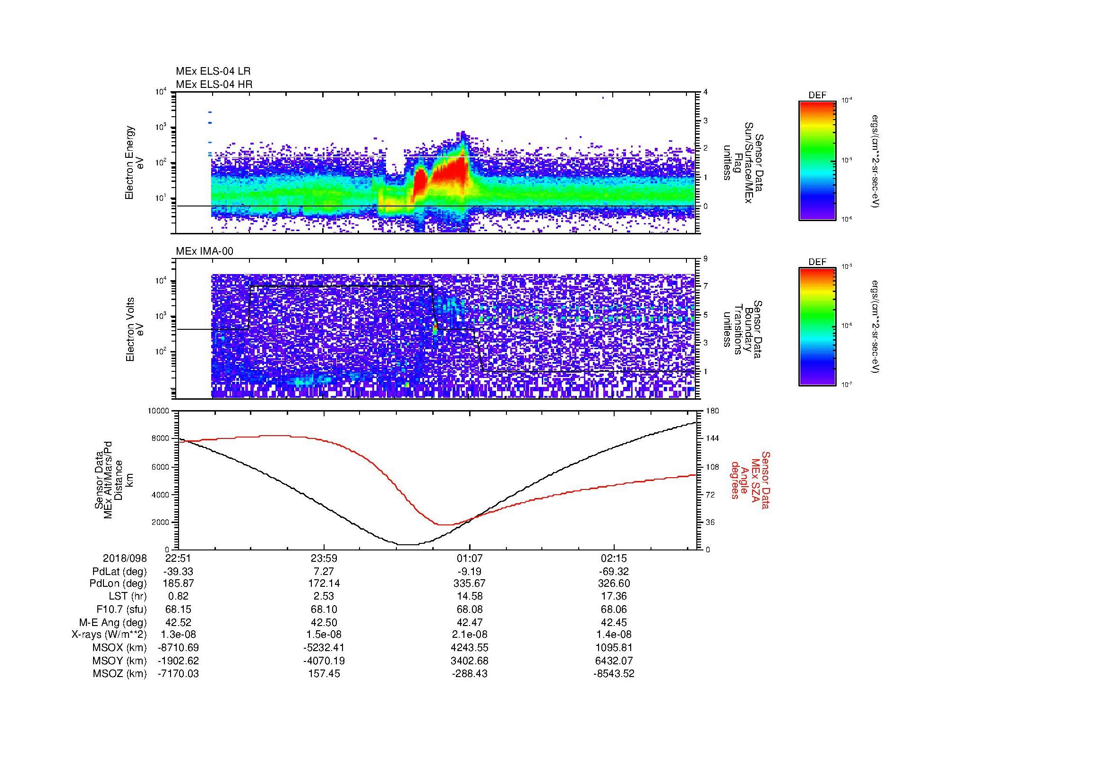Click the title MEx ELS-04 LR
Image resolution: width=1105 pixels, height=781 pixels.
point(213,71)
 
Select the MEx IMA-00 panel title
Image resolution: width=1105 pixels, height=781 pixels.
point(204,251)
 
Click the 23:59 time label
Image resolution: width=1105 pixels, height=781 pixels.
point(324,558)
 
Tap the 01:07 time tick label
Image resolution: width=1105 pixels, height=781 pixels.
point(469,558)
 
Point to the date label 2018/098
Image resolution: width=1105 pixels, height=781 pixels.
point(125,558)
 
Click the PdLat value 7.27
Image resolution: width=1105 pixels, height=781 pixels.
point(324,572)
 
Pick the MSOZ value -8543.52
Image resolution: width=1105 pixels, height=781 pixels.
point(614,674)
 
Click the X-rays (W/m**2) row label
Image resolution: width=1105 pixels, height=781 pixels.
point(109,635)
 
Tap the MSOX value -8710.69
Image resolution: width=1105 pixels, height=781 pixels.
point(178,648)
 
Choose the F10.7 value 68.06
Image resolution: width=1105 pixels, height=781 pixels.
point(614,609)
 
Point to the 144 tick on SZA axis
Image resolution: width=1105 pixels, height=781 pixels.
point(712,438)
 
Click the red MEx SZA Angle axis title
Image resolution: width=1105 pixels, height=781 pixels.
point(749,480)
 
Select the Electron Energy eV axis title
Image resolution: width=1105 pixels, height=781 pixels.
point(135,163)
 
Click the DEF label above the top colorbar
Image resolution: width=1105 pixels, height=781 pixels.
point(817,96)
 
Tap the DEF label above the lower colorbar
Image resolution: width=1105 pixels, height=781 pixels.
point(817,262)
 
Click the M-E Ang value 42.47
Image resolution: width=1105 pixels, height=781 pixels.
point(469,623)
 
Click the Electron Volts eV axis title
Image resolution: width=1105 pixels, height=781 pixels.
point(135,329)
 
